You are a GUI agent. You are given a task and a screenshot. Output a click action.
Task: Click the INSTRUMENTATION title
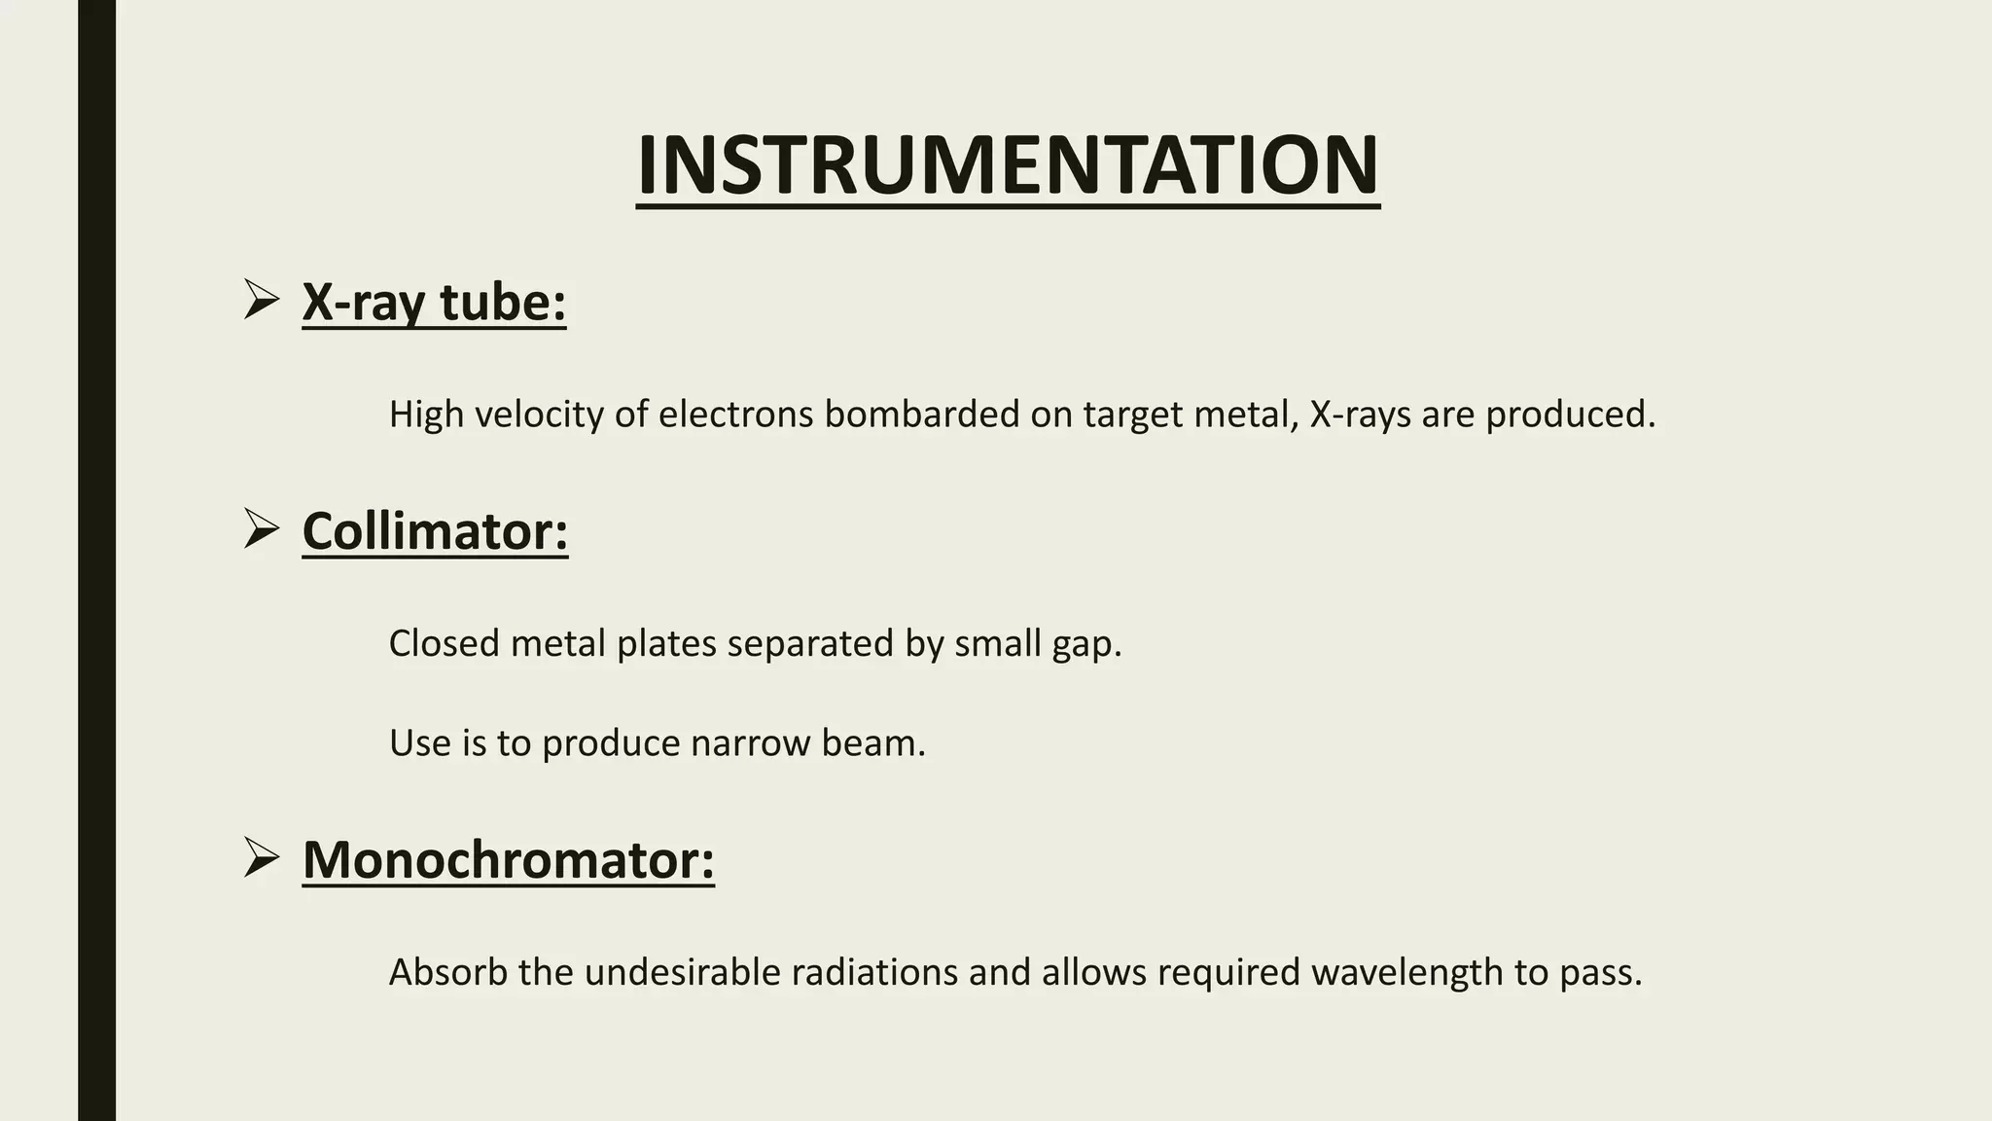[x=1008, y=165]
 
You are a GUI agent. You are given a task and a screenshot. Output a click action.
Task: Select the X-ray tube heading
[x=434, y=302]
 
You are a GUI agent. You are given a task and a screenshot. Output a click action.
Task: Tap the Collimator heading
[x=435, y=531]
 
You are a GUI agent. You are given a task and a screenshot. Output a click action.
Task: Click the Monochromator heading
[x=508, y=860]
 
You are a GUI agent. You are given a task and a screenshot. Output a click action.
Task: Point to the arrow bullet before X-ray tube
[x=262, y=299]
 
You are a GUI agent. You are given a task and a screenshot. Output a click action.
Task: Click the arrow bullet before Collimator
[x=262, y=528]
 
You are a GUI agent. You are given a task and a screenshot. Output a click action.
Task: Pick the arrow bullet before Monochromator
[x=262, y=857]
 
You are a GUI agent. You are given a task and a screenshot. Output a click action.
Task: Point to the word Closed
[x=444, y=643]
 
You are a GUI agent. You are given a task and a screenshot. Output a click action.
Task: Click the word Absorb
[x=448, y=972]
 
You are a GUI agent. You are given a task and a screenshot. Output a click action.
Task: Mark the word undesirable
[x=682, y=972]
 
